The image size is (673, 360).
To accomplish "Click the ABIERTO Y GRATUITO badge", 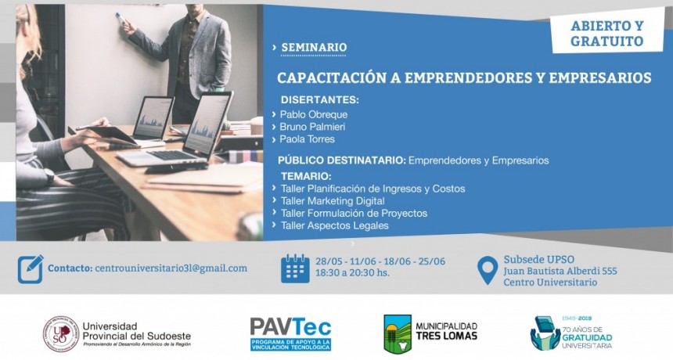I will (606, 33).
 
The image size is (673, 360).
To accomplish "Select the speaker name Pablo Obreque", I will (314, 114).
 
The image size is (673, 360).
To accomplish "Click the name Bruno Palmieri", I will (312, 127).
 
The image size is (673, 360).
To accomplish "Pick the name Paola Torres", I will (308, 139).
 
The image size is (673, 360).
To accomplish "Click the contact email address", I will (171, 268).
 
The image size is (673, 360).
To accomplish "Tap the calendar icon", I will (296, 268).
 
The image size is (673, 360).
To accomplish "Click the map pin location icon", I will (488, 270).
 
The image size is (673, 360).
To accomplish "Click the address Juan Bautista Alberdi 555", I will (560, 271).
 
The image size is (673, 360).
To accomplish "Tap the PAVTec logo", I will (290, 333).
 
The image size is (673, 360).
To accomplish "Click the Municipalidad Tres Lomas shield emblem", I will (398, 333).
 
